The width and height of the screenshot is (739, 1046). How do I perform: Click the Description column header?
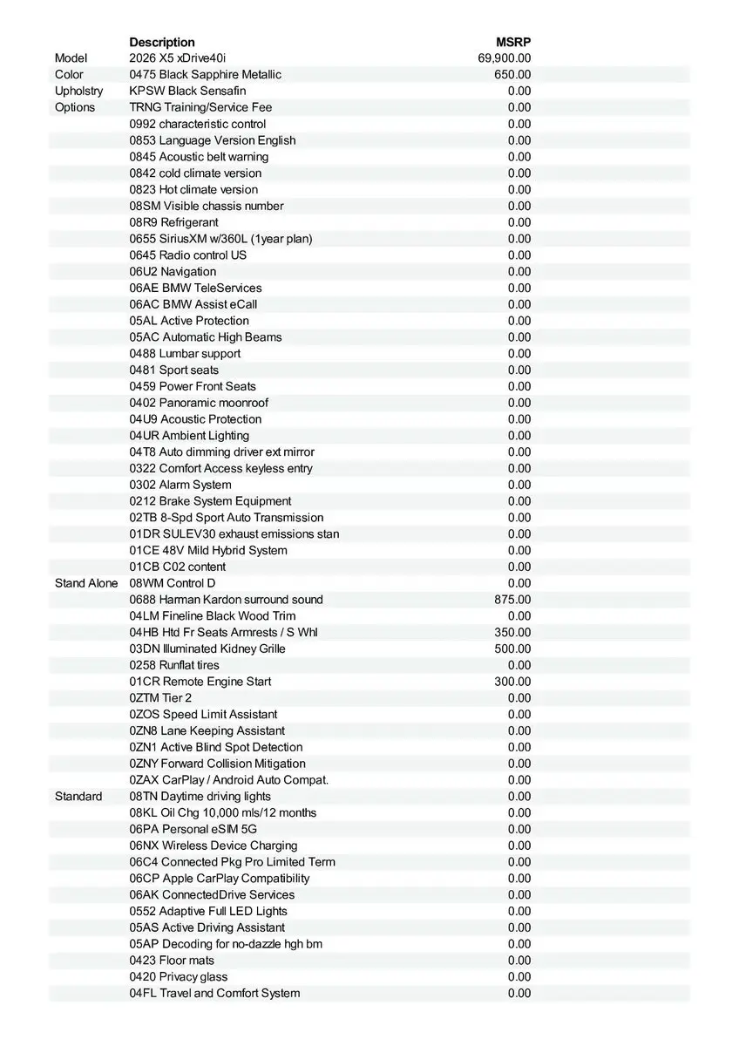coord(162,42)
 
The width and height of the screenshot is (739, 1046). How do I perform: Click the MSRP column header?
coord(513,42)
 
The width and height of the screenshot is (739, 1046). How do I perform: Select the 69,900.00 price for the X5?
coord(505,58)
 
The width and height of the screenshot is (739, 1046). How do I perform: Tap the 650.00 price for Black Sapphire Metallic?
coord(512,75)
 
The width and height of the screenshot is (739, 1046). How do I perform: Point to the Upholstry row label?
coord(78,91)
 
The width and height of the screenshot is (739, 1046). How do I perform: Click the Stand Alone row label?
coord(86,583)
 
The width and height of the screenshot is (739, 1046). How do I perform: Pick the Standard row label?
coord(78,797)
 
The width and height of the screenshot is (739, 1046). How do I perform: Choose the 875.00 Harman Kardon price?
coord(512,600)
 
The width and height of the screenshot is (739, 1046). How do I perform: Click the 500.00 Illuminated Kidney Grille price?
coord(512,649)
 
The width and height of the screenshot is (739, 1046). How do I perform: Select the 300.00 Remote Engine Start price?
coord(512,682)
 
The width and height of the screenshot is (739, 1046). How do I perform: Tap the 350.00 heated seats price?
coord(512,632)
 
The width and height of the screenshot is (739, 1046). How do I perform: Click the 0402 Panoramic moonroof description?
coord(199,403)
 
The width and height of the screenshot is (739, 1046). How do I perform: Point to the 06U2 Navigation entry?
coord(173,272)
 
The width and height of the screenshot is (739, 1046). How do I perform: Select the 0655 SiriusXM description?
coord(220,239)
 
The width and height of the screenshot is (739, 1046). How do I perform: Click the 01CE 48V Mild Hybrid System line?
coord(208,550)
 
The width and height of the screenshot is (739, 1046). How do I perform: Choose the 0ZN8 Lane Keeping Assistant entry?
coord(207,730)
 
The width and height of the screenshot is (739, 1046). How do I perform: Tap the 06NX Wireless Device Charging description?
coord(214,846)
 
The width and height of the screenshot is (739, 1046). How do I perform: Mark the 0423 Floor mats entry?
coord(172,961)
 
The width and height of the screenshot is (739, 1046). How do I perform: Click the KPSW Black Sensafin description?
coord(187,91)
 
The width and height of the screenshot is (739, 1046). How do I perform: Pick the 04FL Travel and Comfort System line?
coord(214,993)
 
